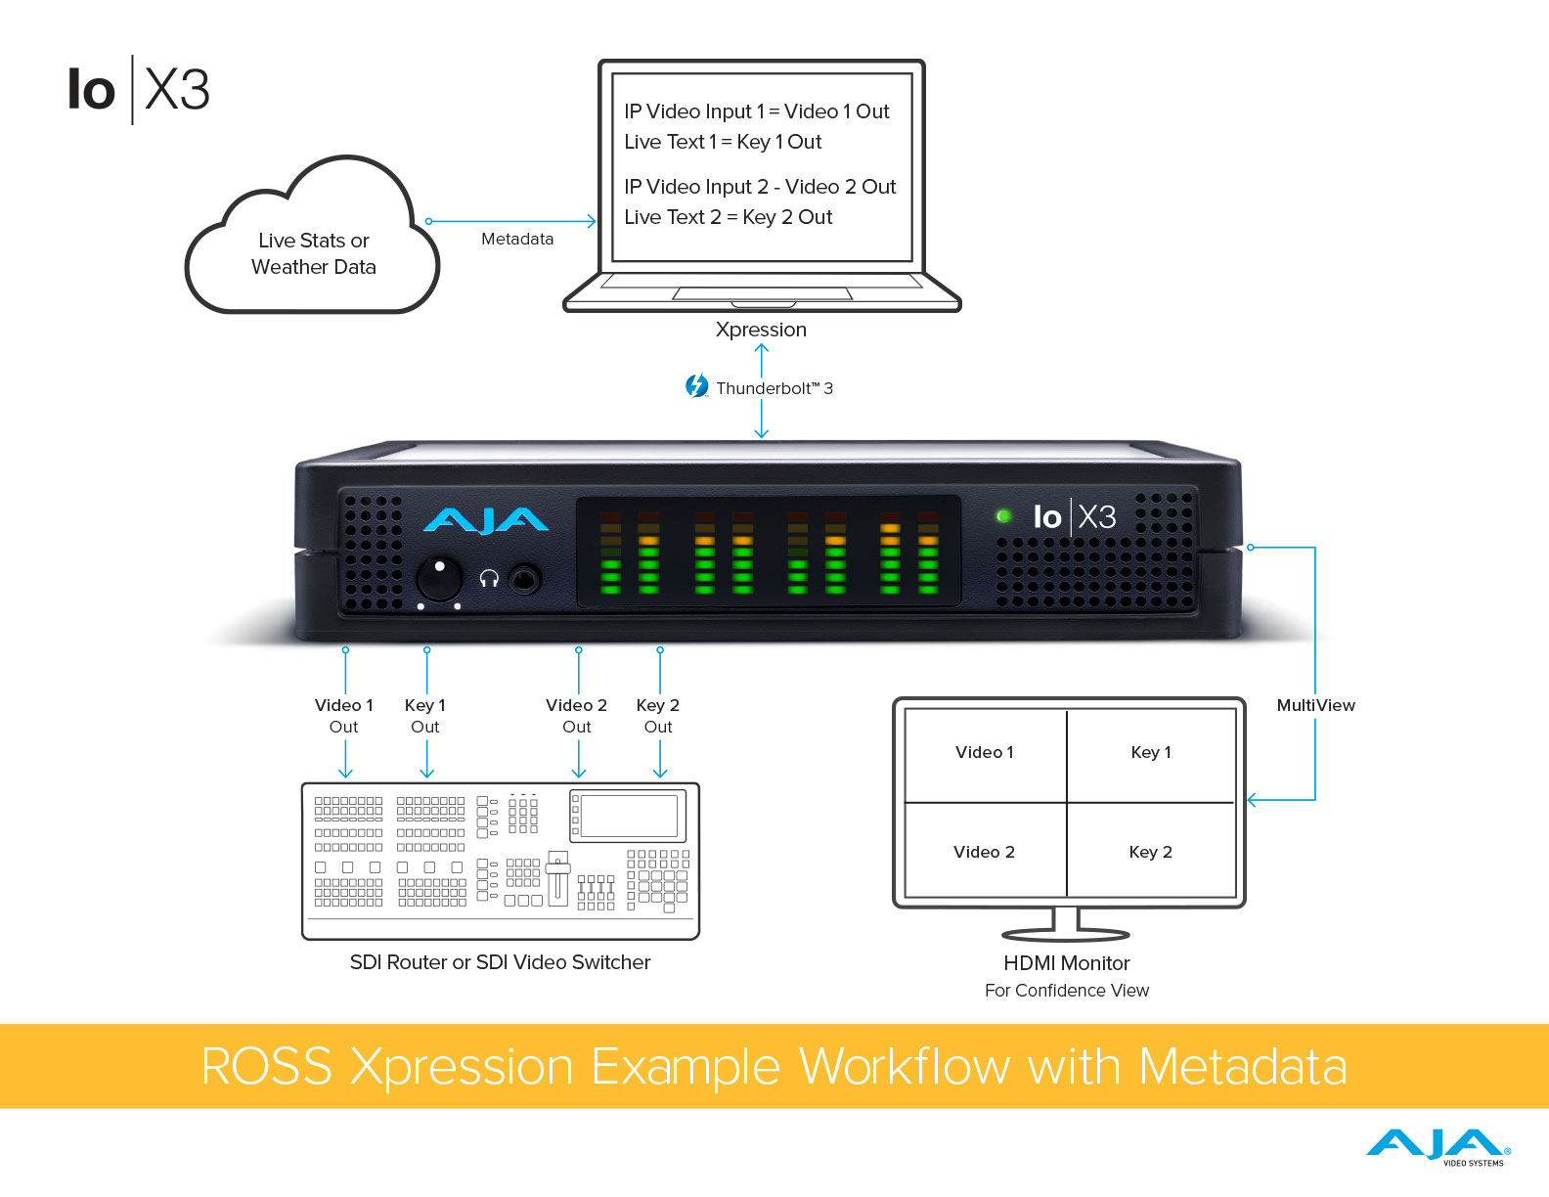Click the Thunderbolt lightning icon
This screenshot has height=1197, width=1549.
pos(696,386)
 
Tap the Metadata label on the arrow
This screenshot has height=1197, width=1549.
pos(517,239)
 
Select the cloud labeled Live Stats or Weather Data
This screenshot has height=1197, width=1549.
pos(313,252)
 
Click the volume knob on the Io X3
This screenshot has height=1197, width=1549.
pos(439,579)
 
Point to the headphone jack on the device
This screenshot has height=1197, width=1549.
pos(526,580)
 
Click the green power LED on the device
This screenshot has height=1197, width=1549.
pos(1002,515)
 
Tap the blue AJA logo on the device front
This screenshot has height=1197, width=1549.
pos(485,520)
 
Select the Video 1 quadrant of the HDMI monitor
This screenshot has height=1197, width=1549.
pos(985,753)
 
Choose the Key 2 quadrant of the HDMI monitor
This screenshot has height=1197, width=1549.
pos(1151,852)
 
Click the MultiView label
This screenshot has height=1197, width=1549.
pos(1315,705)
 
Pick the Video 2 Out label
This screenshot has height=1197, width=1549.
pos(577,716)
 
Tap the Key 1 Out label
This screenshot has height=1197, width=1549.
pos(425,716)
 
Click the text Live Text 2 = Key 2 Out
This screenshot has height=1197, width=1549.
pos(729,217)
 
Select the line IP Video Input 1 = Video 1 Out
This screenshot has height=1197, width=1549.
pos(757,111)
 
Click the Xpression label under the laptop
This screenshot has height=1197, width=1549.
pos(761,330)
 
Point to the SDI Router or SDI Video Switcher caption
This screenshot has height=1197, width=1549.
pos(500,962)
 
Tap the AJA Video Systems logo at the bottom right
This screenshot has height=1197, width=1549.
pos(1438,1146)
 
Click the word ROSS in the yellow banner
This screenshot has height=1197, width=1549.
pos(266,1066)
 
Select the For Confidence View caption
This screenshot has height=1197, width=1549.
pos(1067,991)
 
